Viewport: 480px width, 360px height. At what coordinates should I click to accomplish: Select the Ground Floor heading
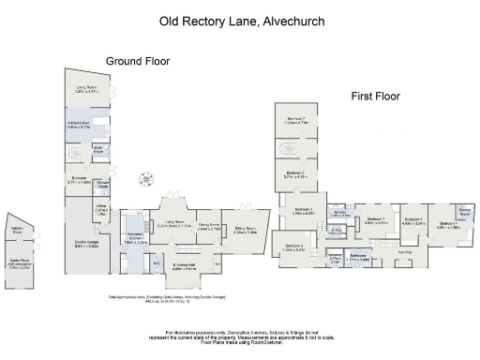(x=137, y=61)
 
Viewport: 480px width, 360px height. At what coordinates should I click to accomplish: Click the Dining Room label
(x=208, y=226)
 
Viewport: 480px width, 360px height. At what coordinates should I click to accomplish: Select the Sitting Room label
(x=247, y=228)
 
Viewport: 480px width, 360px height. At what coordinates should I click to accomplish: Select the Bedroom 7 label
(x=297, y=120)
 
